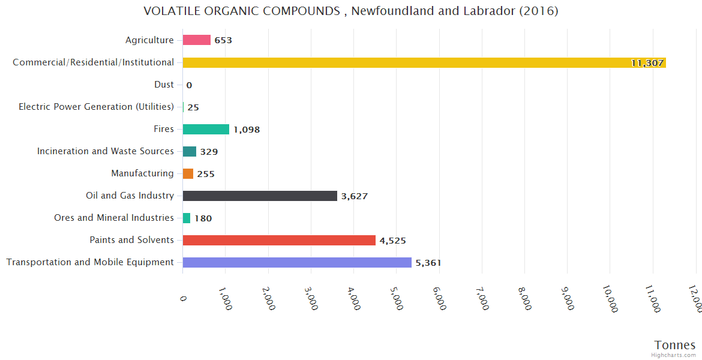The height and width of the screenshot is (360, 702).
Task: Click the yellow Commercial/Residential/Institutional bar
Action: (424, 62)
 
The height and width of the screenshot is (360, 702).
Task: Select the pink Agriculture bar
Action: (197, 40)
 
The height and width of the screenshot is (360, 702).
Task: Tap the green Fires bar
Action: (206, 129)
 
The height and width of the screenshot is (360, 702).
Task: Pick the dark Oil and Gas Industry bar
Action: (260, 196)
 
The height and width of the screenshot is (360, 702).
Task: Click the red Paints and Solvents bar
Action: (279, 240)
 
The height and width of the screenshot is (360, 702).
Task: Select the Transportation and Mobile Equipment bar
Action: (297, 262)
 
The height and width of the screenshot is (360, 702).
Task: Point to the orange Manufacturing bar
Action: (188, 173)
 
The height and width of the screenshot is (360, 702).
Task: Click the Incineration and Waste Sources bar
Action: (190, 151)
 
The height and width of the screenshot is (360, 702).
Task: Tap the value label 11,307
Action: (647, 62)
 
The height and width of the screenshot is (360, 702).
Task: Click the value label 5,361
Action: (428, 263)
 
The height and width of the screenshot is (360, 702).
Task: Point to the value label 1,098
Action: (247, 130)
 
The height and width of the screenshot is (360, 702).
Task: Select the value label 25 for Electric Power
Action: (193, 107)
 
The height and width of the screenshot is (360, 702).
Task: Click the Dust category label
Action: (164, 85)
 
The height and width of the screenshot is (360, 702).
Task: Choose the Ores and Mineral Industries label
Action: (114, 218)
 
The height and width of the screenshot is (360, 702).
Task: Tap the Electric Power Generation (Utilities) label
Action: (96, 107)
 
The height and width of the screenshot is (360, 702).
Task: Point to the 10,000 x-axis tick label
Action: (610, 298)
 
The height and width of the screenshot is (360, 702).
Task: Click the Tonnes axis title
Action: (675, 345)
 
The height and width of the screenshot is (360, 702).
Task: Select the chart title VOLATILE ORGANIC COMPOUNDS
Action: (351, 11)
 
